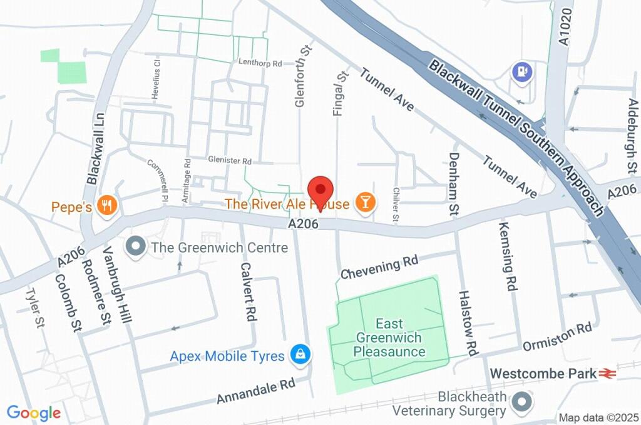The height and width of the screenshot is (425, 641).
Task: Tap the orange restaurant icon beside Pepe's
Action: [x=108, y=206]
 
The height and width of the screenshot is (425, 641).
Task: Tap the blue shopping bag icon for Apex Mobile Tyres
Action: [x=301, y=355]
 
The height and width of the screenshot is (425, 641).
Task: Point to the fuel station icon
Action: [x=521, y=72]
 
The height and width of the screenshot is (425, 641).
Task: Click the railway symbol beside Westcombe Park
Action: [x=607, y=373]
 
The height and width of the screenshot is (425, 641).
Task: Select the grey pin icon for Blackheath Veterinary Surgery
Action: [x=521, y=402]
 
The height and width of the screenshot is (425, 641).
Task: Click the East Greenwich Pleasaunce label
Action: [x=389, y=337]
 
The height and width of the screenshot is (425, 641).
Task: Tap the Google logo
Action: [x=34, y=412]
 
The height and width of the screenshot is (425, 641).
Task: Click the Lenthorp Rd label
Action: [x=260, y=62]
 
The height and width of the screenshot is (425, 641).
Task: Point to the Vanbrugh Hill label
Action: [x=117, y=292]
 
